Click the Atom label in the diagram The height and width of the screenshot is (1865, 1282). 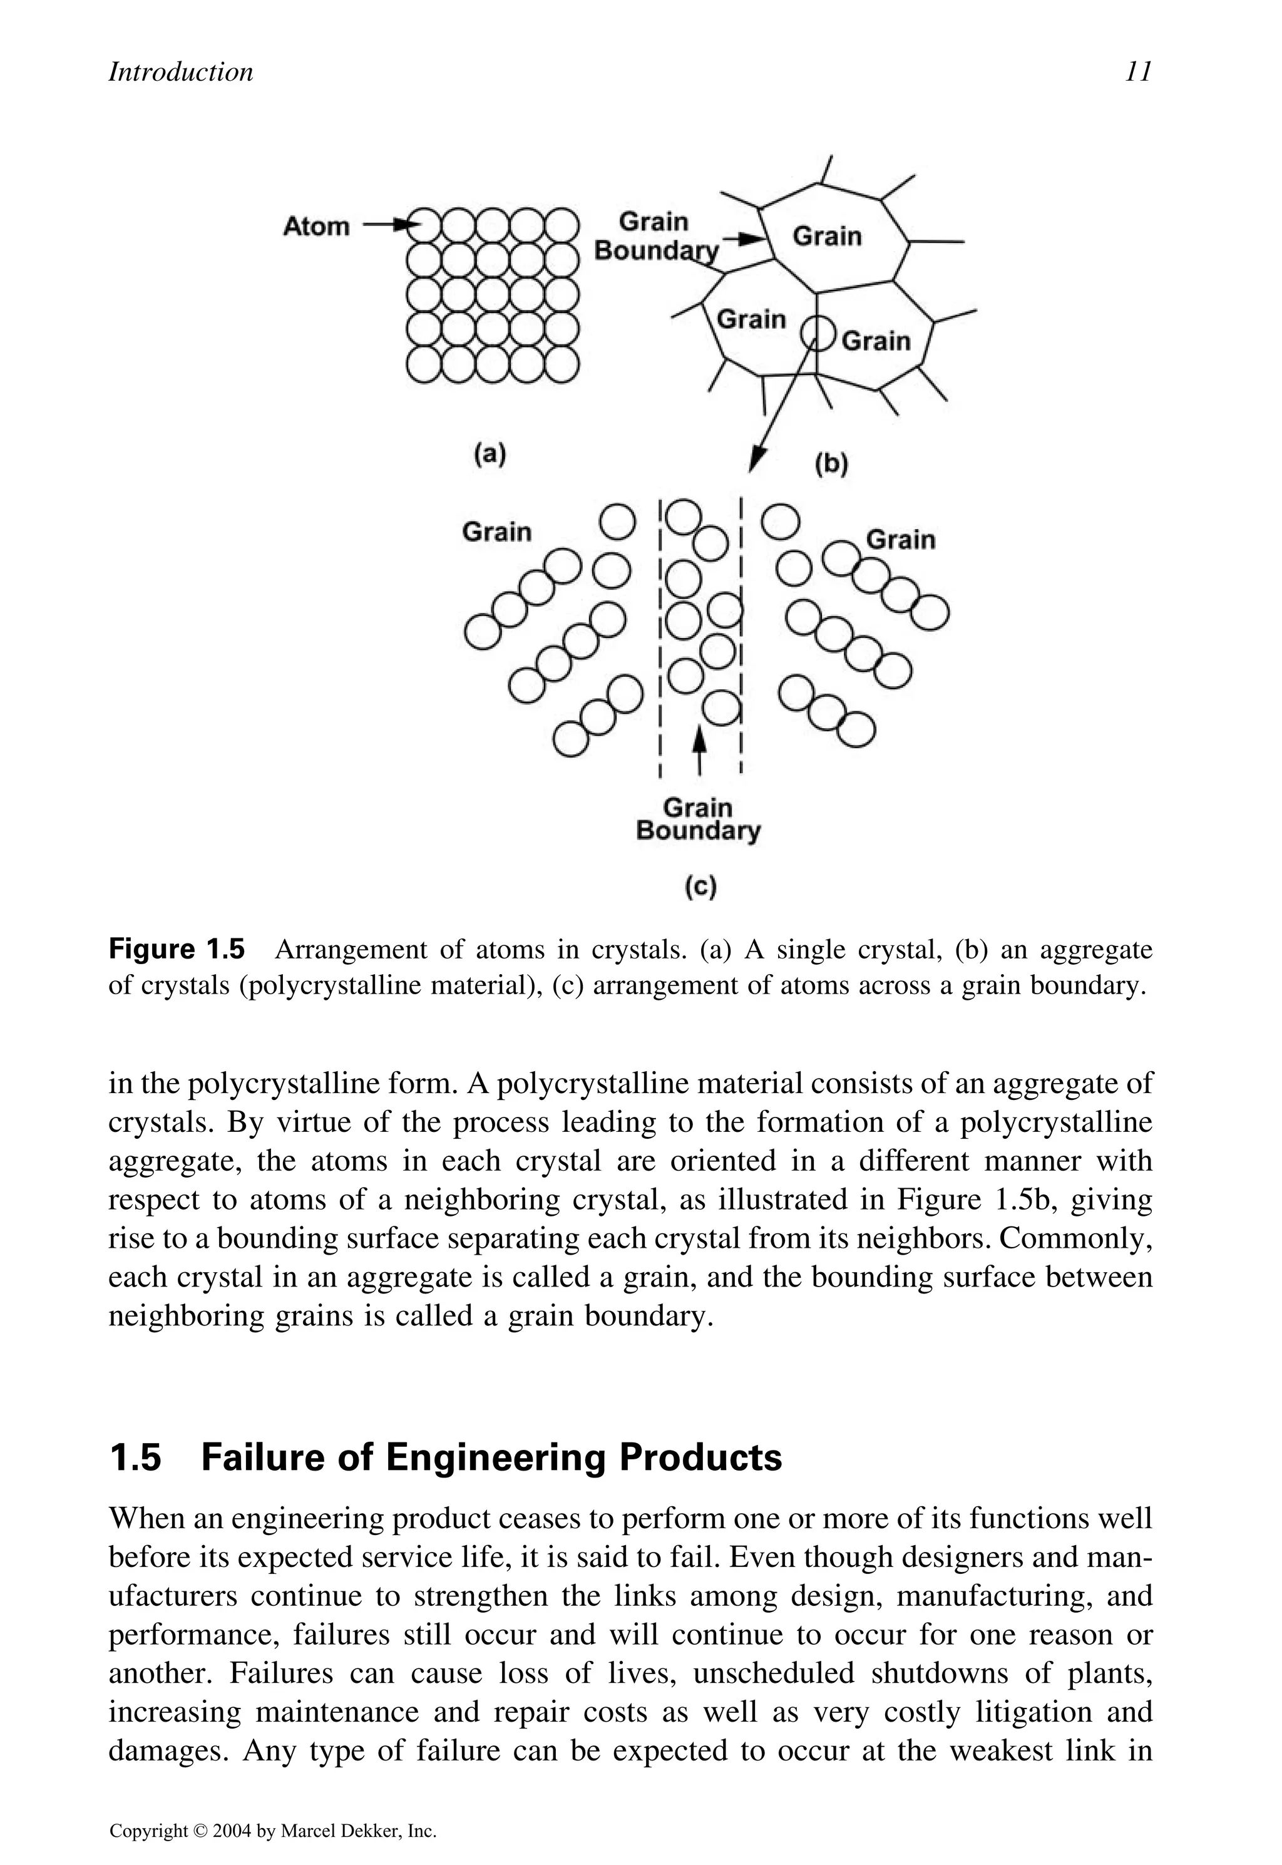click(x=317, y=227)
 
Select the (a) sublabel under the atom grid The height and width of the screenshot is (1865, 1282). click(x=489, y=455)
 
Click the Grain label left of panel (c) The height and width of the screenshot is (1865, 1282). click(x=496, y=532)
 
